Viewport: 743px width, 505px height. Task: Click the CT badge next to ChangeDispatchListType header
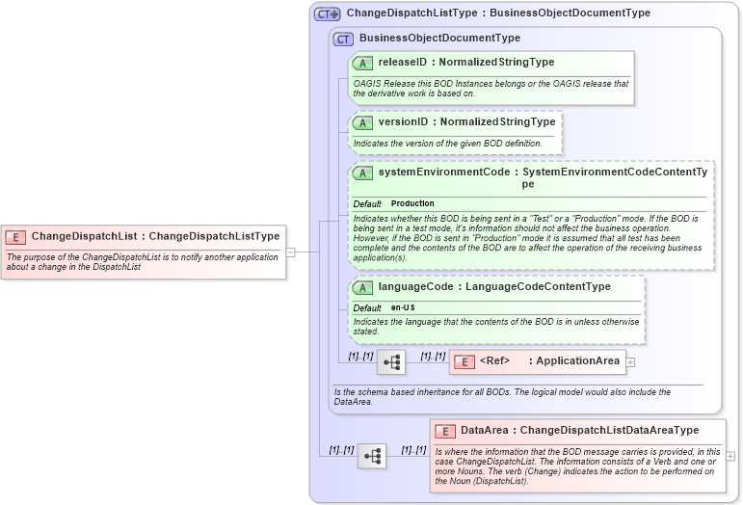(328, 13)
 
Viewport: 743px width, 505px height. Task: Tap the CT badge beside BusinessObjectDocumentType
(343, 39)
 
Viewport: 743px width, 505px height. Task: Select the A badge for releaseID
(363, 63)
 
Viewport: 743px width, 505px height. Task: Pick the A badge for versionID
(363, 123)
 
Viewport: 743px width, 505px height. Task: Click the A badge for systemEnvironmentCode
(363, 173)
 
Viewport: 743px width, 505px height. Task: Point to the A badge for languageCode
(363, 287)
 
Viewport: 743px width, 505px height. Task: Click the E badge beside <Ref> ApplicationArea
(464, 361)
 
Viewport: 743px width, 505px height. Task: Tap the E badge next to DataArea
(445, 432)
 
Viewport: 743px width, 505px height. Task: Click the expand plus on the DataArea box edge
(730, 456)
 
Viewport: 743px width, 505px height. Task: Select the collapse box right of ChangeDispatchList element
(290, 252)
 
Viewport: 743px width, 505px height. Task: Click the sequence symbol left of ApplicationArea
(390, 362)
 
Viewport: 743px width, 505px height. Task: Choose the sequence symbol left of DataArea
(371, 456)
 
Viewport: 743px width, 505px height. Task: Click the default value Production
(412, 204)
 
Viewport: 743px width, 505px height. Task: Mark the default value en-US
(403, 307)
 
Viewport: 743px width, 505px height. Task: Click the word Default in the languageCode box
(367, 307)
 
